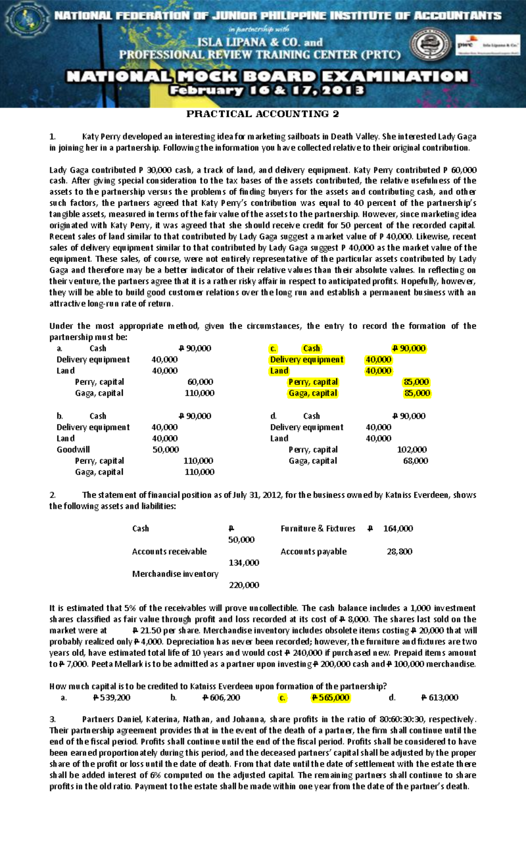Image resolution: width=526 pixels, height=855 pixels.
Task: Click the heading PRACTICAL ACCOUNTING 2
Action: point(263,114)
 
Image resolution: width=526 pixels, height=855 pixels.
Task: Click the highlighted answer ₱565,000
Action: point(330,698)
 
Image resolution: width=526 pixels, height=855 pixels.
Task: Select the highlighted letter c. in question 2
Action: point(282,698)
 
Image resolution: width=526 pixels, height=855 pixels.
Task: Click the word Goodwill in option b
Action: point(73,449)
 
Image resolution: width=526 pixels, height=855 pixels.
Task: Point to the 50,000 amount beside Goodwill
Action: point(165,449)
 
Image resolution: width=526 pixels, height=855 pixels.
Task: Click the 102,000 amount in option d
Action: point(412,449)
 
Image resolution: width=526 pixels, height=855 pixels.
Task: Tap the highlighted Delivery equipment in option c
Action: point(307,360)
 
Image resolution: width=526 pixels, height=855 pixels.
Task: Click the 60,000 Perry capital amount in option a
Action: point(200,382)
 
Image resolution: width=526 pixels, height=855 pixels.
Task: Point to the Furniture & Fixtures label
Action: point(318,528)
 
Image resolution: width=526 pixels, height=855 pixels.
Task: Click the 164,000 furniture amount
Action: point(398,528)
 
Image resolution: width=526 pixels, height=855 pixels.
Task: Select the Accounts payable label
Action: point(313,552)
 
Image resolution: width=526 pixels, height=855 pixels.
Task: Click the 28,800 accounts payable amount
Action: point(399,552)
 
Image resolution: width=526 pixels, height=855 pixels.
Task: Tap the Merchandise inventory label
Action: point(175,574)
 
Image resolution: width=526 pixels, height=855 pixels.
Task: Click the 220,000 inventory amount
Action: point(244,585)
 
